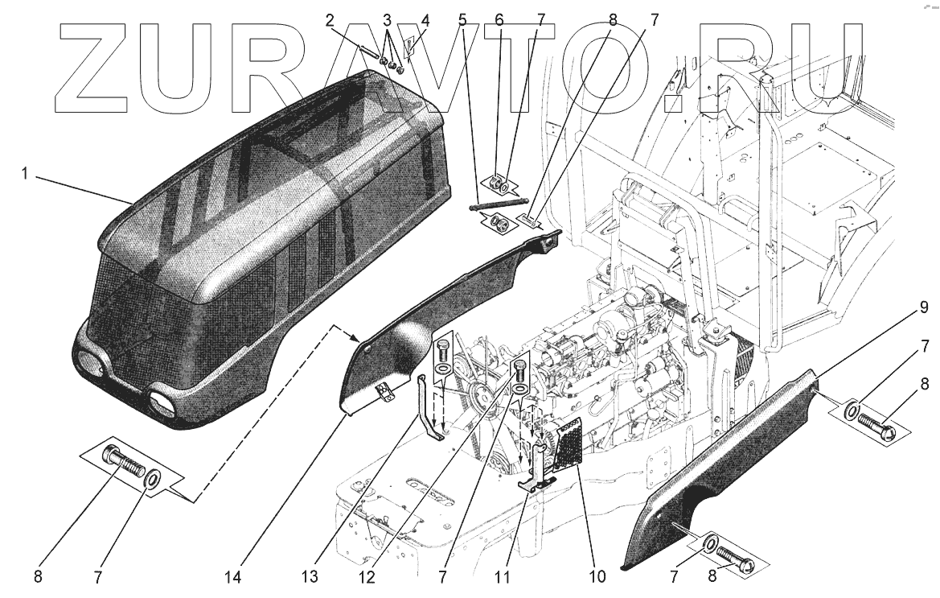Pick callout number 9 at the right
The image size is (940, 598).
pos(924,307)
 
